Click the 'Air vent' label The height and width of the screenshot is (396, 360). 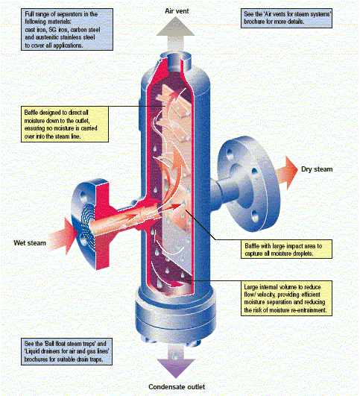177,11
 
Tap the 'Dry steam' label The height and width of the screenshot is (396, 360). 317,169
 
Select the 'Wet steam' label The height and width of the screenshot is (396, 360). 30,243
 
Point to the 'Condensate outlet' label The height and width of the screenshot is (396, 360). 177,386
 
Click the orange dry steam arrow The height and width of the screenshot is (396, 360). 286,173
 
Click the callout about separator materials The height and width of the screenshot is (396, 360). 67,30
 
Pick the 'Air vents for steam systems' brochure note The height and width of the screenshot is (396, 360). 286,18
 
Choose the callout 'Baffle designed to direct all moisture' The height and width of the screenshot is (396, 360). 65,124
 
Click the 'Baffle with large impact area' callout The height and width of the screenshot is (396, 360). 286,249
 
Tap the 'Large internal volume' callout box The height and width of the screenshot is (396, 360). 286,298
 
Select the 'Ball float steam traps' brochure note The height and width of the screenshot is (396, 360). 66,351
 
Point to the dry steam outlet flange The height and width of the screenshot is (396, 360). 249,183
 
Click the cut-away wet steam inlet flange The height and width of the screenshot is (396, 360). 91,224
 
